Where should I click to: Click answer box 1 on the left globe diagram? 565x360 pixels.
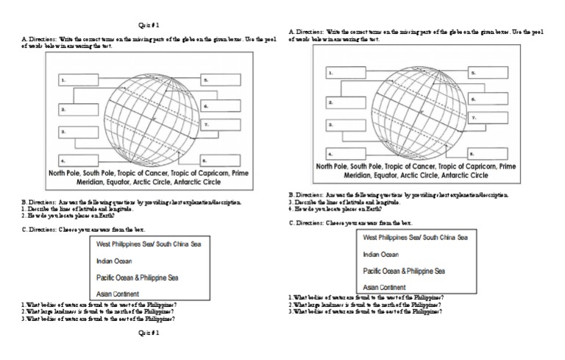click(x=78, y=80)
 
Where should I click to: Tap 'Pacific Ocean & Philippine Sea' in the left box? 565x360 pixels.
click(x=138, y=278)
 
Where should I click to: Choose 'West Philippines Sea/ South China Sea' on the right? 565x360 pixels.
click(x=415, y=238)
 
